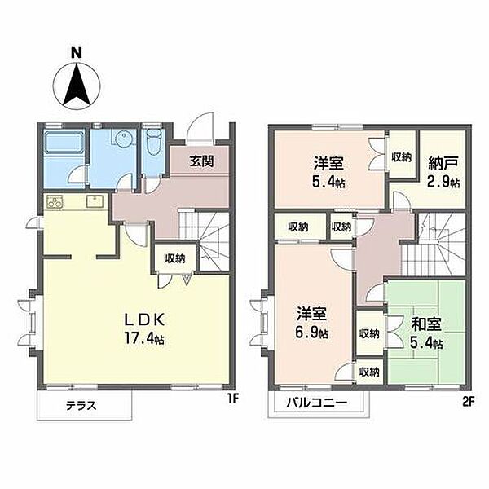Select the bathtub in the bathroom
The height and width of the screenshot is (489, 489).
coord(60,149)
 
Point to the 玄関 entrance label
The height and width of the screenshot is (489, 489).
coord(202,161)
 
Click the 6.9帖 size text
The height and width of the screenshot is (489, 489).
coord(312,333)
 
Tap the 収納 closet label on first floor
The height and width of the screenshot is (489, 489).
coord(174,258)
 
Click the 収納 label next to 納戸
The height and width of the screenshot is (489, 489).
coord(401,157)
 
